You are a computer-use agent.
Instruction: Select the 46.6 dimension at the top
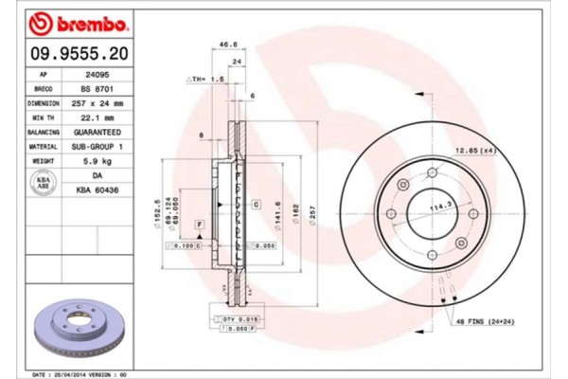coord(228,44)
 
